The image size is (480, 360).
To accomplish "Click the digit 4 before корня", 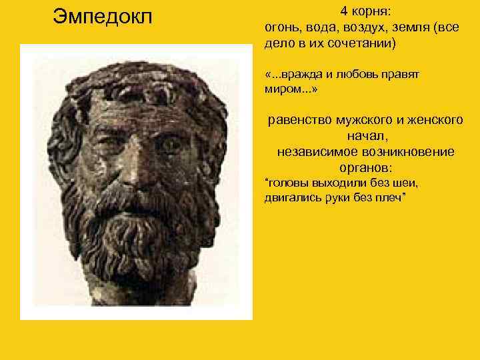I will pyautogui.click(x=344, y=11).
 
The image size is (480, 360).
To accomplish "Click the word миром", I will pyautogui.click(x=280, y=89).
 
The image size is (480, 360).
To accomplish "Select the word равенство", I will pyautogui.click(x=297, y=121).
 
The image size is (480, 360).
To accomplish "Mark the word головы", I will pyautogui.click(x=287, y=183).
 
